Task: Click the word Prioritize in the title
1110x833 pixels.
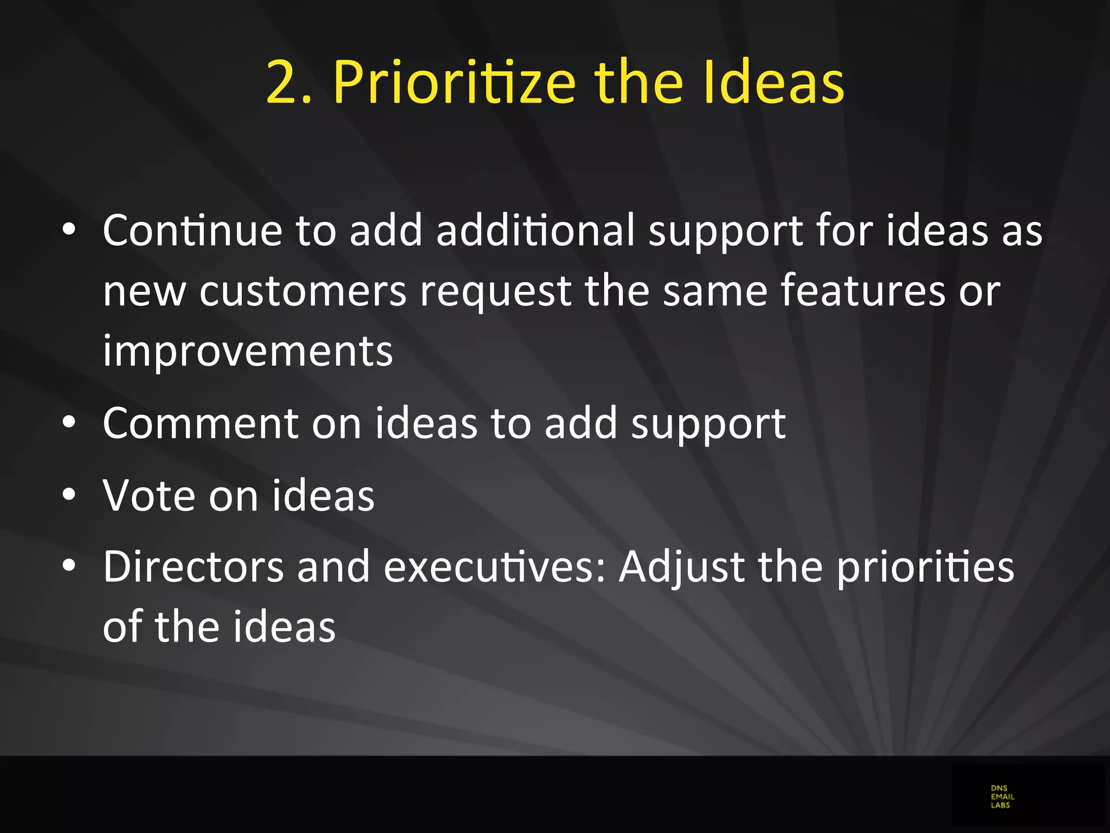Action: coord(454,83)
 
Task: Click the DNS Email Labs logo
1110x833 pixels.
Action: coord(1002,797)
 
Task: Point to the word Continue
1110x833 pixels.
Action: coord(192,230)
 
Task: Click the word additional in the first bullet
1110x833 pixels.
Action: coord(535,230)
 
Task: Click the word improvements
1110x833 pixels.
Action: coord(248,352)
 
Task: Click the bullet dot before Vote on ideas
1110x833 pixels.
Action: coord(69,495)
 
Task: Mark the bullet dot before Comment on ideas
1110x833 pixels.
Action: coord(69,422)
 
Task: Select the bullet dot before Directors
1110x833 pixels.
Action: coord(69,566)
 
